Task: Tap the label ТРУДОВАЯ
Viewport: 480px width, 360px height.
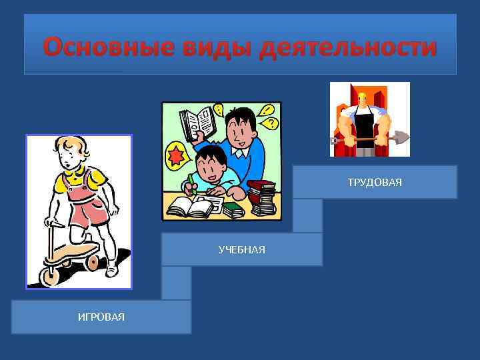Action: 375,182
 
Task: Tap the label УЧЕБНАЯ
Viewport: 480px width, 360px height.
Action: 242,249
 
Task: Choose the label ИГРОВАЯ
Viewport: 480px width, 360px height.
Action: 101,316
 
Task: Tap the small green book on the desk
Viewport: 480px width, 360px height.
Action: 233,210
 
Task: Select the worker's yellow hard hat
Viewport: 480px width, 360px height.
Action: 363,95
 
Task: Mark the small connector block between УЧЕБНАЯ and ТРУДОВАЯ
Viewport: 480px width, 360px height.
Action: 307,215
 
